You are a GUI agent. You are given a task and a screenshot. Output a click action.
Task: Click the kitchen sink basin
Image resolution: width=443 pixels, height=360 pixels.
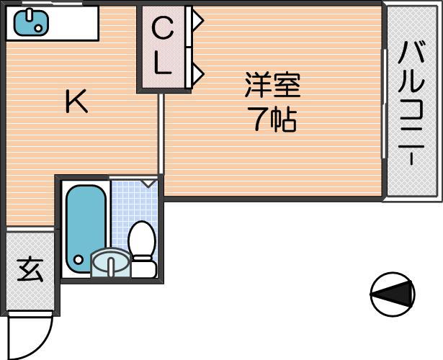31,23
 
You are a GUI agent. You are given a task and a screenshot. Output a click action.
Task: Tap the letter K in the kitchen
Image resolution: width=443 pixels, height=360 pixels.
76,101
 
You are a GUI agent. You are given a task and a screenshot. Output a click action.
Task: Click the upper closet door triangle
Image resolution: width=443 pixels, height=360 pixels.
197,20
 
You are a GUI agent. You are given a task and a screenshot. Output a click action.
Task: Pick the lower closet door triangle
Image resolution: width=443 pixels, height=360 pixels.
197,74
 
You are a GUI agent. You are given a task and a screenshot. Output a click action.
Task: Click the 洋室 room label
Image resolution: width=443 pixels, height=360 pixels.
272,85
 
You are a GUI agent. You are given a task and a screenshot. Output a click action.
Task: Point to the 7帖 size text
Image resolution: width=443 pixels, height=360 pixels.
272,120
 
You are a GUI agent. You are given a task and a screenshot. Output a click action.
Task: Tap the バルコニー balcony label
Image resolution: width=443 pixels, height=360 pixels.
411,103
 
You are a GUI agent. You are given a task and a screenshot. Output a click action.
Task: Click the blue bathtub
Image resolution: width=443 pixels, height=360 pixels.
86,229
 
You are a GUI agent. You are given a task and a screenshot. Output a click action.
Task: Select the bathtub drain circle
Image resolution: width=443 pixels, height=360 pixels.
79,259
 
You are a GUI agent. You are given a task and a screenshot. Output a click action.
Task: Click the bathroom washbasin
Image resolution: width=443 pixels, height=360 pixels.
110,262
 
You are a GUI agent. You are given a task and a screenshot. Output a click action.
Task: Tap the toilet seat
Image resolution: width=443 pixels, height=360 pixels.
142,238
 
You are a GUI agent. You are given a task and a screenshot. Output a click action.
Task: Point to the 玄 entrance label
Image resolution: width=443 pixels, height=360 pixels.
30,270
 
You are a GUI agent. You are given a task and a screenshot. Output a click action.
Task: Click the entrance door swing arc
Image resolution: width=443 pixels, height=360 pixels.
42,345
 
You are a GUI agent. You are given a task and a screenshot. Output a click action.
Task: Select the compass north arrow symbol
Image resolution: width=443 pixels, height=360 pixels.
393,294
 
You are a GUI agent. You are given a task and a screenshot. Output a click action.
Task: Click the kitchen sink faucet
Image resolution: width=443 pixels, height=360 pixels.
29,16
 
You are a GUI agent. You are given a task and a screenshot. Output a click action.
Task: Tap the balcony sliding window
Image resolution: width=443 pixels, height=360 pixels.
384,104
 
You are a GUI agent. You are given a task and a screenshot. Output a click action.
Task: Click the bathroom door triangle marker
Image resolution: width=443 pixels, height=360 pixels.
148,183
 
